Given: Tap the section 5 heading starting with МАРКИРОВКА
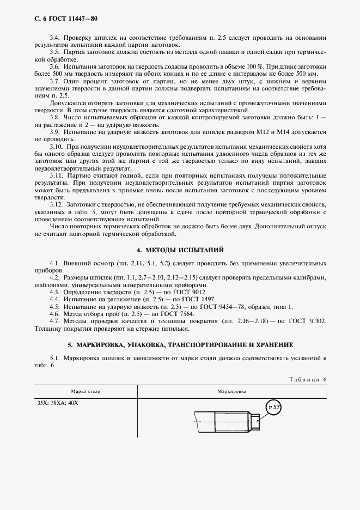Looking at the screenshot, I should (180, 345).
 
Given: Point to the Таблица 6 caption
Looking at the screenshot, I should (308, 379).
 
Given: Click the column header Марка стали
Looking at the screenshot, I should (86, 392).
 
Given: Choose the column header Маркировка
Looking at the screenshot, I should (231, 392).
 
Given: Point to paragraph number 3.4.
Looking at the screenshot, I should (54, 37).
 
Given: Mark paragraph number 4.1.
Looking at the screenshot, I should (54, 263).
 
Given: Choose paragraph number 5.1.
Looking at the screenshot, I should (54, 358).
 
